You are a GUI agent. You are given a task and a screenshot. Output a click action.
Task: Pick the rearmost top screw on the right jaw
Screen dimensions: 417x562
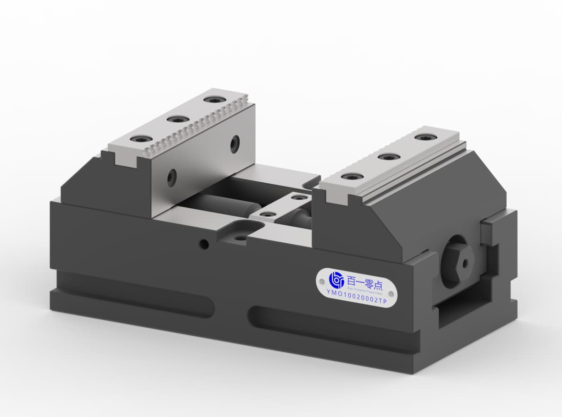425,137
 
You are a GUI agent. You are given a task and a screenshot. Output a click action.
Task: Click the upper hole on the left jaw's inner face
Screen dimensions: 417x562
234,144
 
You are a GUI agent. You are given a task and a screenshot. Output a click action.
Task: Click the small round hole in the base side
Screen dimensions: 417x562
204,244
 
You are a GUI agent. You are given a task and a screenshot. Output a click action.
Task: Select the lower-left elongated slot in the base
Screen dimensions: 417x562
132,295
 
